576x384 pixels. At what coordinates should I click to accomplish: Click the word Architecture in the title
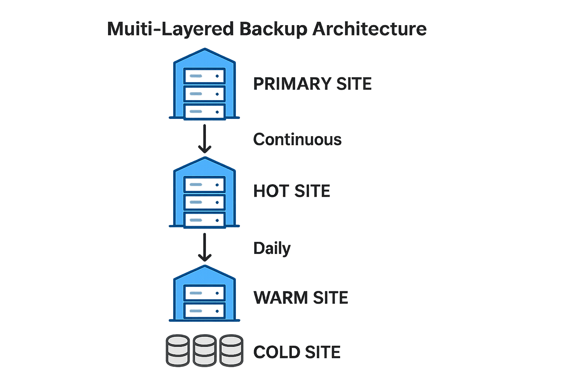[x=369, y=29]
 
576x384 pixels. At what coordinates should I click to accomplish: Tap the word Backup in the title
[x=273, y=29]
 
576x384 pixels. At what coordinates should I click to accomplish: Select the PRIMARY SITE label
[x=312, y=84]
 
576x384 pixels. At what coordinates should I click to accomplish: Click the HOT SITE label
[x=292, y=191]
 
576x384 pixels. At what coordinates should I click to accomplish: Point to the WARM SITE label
[x=301, y=298]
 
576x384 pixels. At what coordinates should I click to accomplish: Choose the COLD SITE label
[x=297, y=352]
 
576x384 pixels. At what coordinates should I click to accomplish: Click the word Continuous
[x=297, y=139]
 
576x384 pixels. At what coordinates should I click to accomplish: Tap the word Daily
[x=272, y=248]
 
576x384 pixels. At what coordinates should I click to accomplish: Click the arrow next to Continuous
[x=204, y=139]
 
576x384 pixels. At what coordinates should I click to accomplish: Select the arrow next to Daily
[x=204, y=247]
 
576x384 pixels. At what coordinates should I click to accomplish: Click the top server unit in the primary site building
[x=204, y=76]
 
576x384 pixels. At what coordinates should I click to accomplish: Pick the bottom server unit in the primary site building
[x=204, y=111]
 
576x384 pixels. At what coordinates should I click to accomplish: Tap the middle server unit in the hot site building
[x=204, y=202]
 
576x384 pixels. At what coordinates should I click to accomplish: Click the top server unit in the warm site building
[x=204, y=293]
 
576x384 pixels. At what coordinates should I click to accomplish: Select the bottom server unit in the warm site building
[x=204, y=310]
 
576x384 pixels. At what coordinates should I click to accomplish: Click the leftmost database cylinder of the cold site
[x=178, y=350]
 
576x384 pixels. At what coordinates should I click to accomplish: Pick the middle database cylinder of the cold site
[x=205, y=350]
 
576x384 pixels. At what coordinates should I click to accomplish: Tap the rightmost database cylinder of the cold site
[x=231, y=350]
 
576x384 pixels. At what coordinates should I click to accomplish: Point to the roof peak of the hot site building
[x=204, y=159]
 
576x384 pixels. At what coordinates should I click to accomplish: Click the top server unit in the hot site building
[x=204, y=184]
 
